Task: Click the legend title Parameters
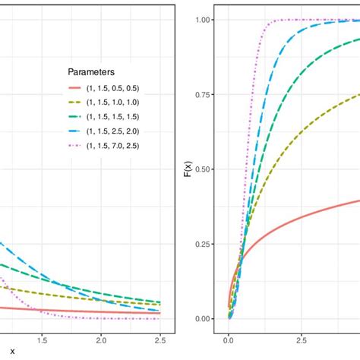pos(91,73)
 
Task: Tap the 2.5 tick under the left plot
pos(160,341)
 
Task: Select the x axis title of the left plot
pos(12,353)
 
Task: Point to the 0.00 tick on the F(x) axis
pos(204,319)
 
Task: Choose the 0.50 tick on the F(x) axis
pos(204,169)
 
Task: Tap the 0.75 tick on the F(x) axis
pos(204,95)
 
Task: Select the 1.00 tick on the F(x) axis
pos(204,20)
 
